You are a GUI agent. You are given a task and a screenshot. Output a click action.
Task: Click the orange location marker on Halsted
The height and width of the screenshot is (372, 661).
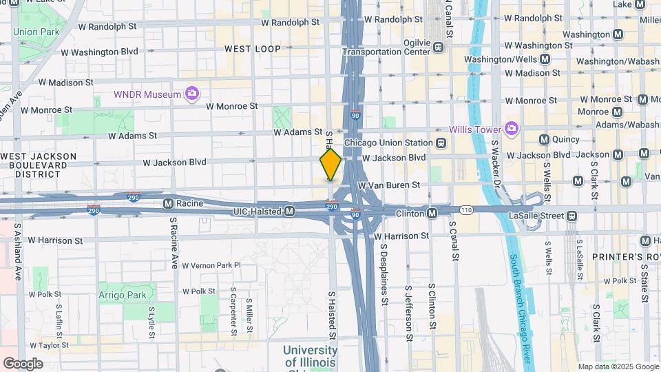pos(330,164)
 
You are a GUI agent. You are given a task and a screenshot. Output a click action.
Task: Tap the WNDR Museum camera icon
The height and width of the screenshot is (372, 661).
pos(192,93)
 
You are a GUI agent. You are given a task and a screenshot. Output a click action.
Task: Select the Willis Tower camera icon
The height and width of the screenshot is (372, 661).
pos(511,129)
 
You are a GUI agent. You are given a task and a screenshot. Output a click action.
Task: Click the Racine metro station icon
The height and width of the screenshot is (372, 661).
pos(168,204)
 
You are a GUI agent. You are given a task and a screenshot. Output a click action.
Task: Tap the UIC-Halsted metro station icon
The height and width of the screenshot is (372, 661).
pos(290,210)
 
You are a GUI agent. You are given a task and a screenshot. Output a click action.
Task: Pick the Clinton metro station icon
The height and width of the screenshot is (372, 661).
pos(432,214)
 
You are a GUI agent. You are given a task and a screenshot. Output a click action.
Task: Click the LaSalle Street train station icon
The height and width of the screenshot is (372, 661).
pos(571,216)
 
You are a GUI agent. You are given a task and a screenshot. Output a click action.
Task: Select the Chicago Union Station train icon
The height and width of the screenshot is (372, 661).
pos(440,143)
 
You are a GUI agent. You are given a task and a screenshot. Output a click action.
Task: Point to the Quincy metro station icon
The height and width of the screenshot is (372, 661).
pos(545,139)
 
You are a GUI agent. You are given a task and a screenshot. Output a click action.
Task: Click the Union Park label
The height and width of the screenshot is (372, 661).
pos(34,32)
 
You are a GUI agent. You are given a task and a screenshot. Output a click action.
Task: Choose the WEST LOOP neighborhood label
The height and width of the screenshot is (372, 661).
pos(253,49)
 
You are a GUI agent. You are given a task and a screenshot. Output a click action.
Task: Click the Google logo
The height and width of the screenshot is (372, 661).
pos(23,363)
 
